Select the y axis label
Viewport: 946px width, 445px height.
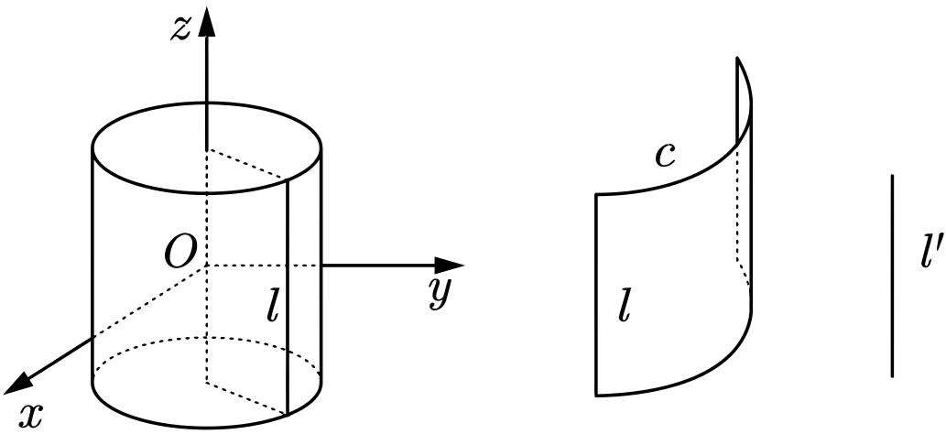click(440, 293)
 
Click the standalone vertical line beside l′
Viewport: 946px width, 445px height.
click(892, 276)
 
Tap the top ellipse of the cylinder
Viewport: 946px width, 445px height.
click(206, 192)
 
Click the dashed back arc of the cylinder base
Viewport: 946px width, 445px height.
click(206, 337)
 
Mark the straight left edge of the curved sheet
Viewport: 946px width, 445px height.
click(597, 295)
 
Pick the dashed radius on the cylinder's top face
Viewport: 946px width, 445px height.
click(246, 163)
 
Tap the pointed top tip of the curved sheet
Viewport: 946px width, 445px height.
click(737, 58)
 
